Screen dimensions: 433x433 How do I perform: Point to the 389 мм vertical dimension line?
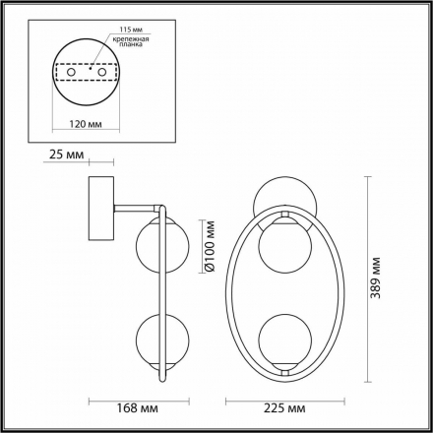point(367,281)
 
